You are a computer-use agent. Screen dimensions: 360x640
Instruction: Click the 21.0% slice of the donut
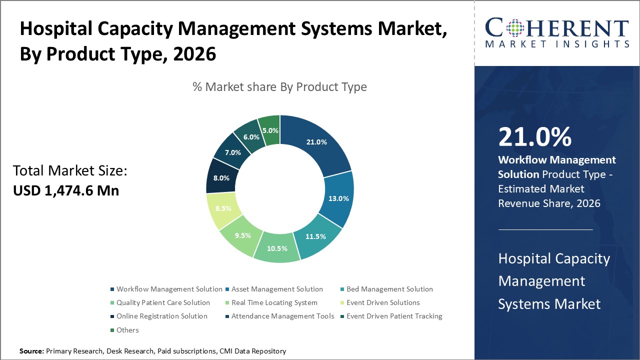pos(316,142)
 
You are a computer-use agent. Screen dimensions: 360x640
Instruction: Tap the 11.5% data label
pos(315,236)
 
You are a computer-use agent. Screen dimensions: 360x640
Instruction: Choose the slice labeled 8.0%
pos(221,177)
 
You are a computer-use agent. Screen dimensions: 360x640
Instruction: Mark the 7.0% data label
pos(233,152)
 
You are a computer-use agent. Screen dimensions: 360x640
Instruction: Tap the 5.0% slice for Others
pos(270,130)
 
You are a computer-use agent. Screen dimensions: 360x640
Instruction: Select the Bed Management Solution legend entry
pos(389,289)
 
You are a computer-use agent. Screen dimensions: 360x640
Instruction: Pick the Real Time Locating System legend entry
pos(274,302)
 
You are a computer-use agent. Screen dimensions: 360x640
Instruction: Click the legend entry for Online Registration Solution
pos(161,316)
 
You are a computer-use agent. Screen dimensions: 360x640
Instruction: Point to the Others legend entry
pos(127,330)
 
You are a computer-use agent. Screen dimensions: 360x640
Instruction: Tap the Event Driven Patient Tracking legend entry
pos(394,316)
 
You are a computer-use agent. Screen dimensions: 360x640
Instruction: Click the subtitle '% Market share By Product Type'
pos(279,87)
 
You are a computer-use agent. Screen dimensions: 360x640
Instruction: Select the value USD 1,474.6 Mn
pos(66,190)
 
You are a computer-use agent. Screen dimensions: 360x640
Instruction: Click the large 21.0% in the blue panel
pos(534,136)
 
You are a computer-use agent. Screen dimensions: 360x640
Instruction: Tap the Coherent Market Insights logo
pos(556,33)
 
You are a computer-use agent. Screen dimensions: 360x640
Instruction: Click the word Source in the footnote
pos(31,351)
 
